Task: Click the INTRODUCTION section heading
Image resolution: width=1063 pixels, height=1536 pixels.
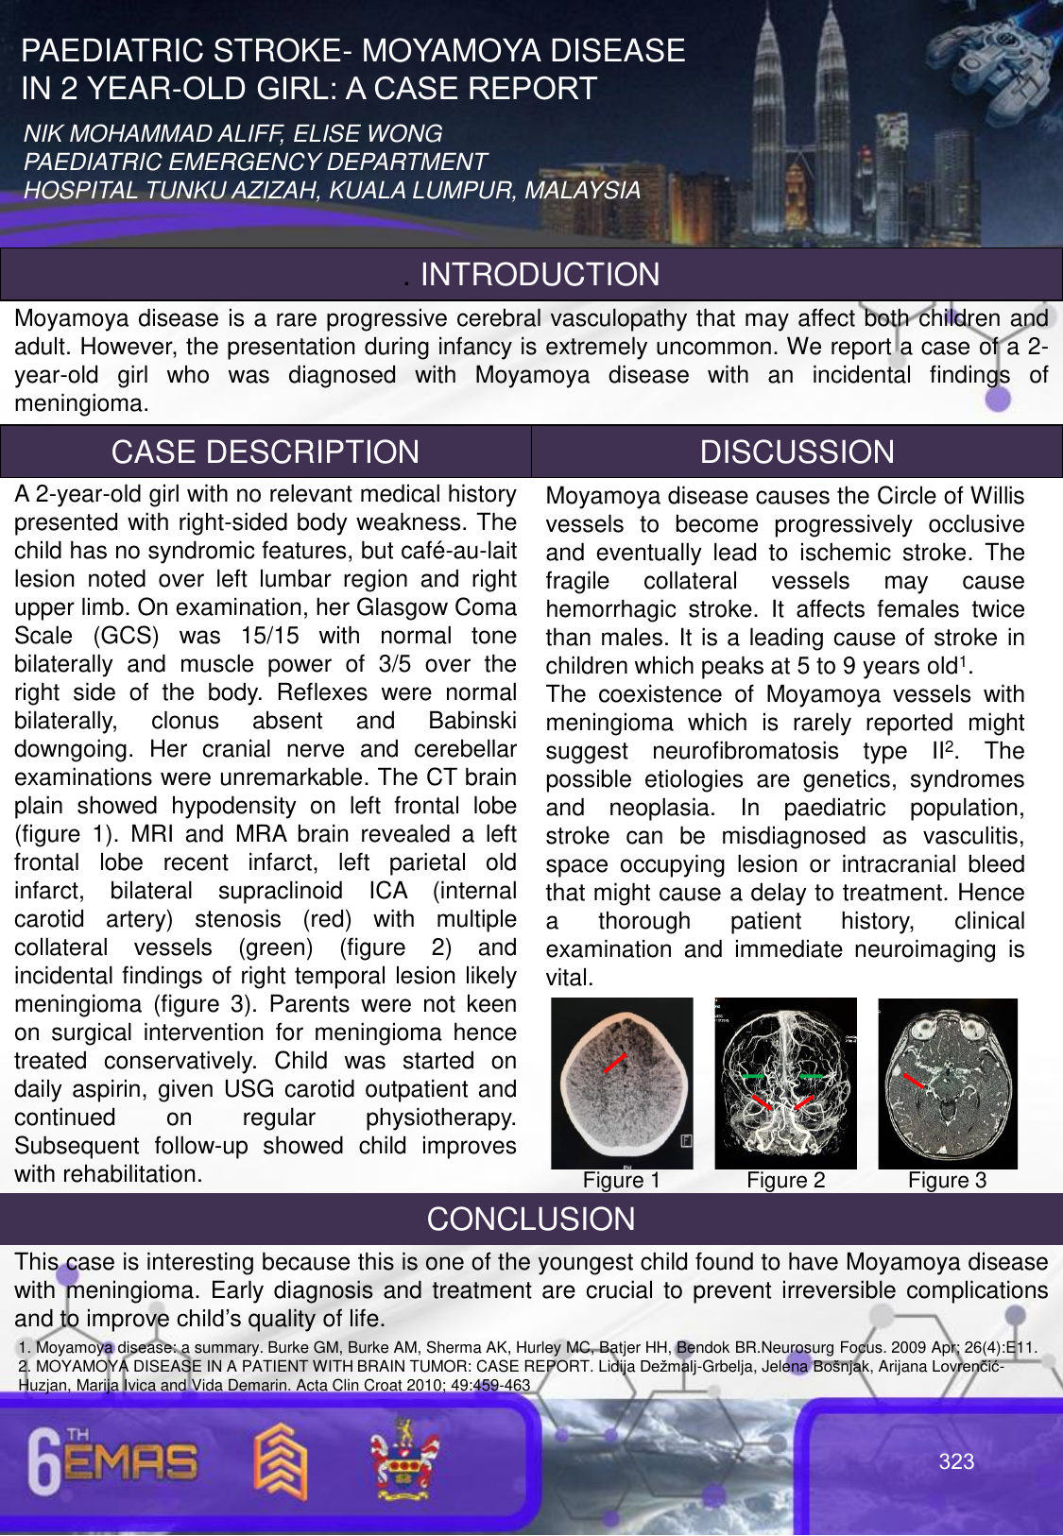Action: tap(540, 275)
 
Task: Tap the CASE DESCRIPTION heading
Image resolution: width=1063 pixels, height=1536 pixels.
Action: tap(266, 452)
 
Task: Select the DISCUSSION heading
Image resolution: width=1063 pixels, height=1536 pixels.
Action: tap(797, 452)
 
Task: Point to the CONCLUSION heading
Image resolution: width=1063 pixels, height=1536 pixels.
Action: tap(531, 1220)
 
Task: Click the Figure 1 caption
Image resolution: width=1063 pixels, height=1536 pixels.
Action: tap(621, 1181)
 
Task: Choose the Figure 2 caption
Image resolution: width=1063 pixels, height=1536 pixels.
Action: tap(785, 1181)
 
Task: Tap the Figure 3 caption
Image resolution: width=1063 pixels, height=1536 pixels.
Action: tap(947, 1181)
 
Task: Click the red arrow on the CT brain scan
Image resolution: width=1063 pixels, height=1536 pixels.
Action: tap(615, 1063)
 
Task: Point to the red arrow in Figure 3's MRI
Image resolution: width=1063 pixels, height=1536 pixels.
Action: tap(913, 1081)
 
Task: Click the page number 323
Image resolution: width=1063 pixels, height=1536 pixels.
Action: tap(956, 1461)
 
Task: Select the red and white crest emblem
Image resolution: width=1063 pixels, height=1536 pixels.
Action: tap(404, 1459)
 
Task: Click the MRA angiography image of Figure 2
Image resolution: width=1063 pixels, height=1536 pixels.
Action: tap(785, 1084)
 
